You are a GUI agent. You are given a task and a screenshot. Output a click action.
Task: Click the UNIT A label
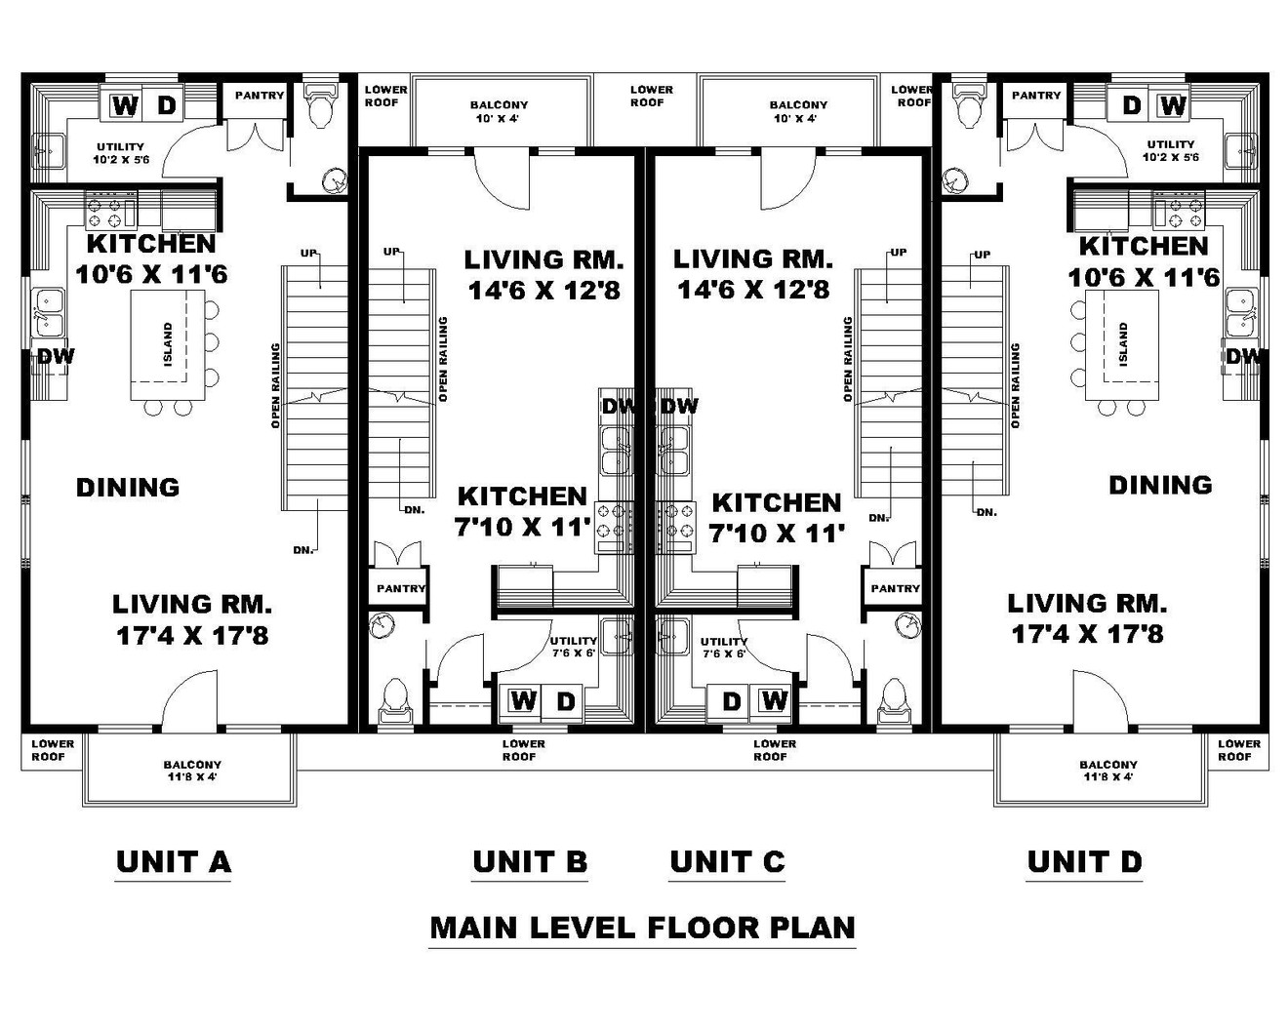[x=173, y=861]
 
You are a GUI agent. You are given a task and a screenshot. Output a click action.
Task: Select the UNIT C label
[x=727, y=861]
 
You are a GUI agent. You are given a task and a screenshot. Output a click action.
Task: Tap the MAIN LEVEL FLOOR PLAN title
[x=642, y=927]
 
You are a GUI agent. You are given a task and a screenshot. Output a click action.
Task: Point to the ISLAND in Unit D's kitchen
[x=1123, y=344]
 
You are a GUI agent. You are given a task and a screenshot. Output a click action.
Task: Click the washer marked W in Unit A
[x=124, y=105]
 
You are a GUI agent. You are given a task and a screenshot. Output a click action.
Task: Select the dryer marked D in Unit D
[x=1131, y=104]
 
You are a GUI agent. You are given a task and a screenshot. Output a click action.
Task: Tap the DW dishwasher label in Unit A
[x=56, y=357]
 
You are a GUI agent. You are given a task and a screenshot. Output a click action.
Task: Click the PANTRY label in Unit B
[x=401, y=588]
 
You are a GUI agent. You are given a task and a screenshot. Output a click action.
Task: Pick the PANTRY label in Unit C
[x=895, y=588]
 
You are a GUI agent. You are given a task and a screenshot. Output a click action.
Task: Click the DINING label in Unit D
[x=1160, y=485]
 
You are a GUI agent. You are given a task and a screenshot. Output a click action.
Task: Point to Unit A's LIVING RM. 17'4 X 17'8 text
[x=192, y=620]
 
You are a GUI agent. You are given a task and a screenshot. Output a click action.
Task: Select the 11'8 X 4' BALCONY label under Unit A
[x=192, y=771]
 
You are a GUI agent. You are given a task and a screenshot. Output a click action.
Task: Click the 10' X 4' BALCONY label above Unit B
[x=499, y=111]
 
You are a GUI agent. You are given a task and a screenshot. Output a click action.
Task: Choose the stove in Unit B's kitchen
[x=614, y=526]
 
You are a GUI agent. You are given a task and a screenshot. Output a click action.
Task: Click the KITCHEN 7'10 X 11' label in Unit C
[x=776, y=517]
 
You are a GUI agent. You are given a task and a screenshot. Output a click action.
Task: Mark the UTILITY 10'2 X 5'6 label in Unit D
[x=1170, y=150]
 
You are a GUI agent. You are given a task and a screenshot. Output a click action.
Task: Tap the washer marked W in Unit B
[x=523, y=700]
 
